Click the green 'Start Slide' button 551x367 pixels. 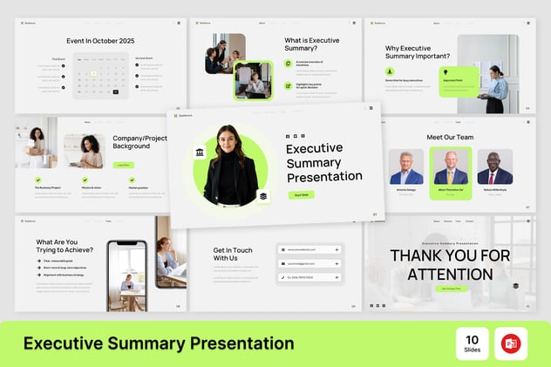(x=302, y=194)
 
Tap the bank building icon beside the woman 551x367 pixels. (x=200, y=153)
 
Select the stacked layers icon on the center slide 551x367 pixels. (x=263, y=197)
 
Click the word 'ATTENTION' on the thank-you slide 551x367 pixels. (x=450, y=274)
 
